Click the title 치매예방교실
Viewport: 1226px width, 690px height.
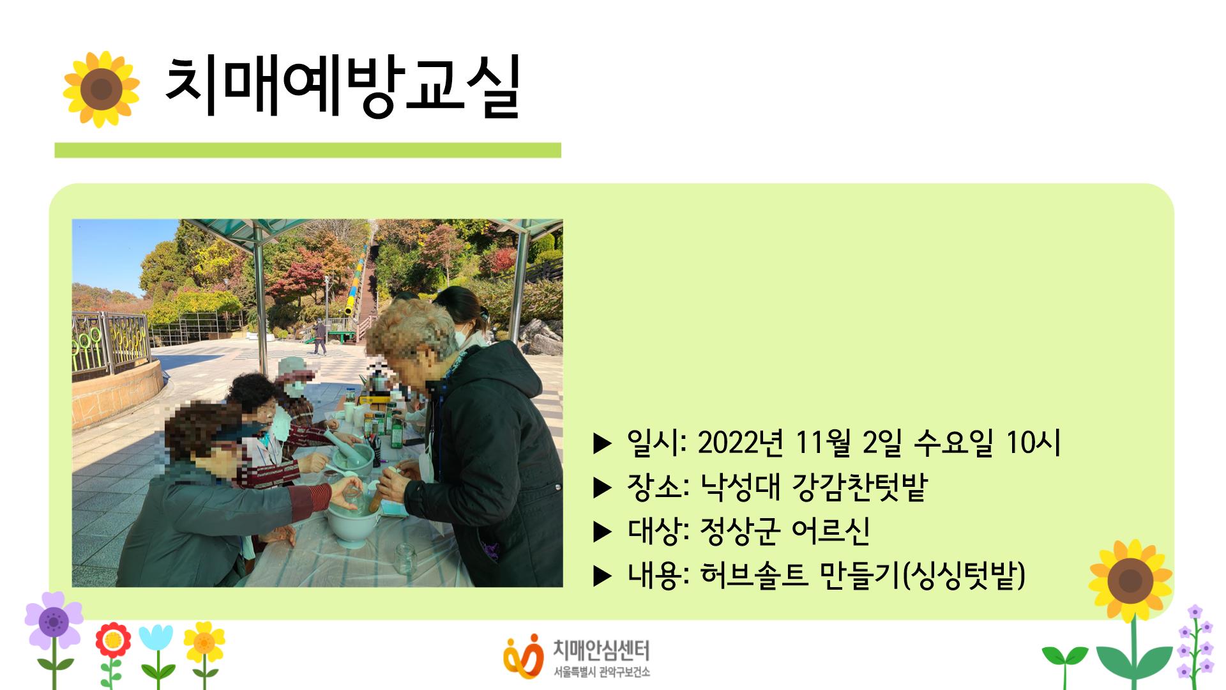(x=342, y=88)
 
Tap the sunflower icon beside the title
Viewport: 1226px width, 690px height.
(x=101, y=89)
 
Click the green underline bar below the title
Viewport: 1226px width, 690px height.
(x=307, y=150)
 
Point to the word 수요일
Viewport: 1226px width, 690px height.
(x=953, y=442)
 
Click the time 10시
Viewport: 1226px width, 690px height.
(x=1033, y=442)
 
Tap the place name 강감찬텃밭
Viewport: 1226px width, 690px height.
(x=859, y=487)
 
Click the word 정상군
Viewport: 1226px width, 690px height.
(x=740, y=531)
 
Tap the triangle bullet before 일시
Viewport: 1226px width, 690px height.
(x=602, y=443)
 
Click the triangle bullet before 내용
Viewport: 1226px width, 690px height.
(x=602, y=576)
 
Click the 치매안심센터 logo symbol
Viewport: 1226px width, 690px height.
(x=523, y=655)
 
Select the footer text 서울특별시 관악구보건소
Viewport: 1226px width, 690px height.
(x=602, y=672)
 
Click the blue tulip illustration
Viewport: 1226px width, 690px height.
(x=156, y=639)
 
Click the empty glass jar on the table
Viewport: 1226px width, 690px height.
(x=405, y=558)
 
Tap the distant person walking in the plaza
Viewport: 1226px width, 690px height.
(x=319, y=337)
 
